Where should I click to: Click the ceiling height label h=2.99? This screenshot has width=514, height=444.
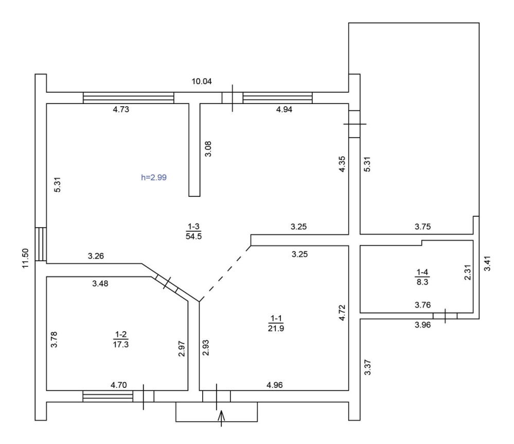154,178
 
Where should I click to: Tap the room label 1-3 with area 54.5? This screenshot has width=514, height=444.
193,231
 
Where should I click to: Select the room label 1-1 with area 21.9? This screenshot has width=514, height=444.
276,323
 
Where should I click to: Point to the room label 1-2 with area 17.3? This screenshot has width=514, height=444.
120,339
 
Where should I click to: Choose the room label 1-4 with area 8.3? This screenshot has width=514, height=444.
422,277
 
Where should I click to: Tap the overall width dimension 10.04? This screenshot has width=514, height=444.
202,81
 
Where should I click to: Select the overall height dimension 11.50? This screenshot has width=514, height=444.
26,258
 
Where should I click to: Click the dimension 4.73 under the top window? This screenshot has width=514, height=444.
121,110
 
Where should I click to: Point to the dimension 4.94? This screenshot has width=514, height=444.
284,110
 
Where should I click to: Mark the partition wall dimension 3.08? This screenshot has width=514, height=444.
208,149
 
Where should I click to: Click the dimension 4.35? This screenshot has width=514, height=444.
342,164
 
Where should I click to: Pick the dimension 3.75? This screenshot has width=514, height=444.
422,227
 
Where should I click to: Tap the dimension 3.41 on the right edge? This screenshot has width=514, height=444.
488,263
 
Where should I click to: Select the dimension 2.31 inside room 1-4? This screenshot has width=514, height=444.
468,272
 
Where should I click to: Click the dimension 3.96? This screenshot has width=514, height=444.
422,325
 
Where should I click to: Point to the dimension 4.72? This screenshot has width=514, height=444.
342,313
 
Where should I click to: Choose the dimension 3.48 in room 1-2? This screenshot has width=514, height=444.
100,283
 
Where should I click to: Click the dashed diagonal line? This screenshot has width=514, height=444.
225,274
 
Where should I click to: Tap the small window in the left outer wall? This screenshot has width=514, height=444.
41,244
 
